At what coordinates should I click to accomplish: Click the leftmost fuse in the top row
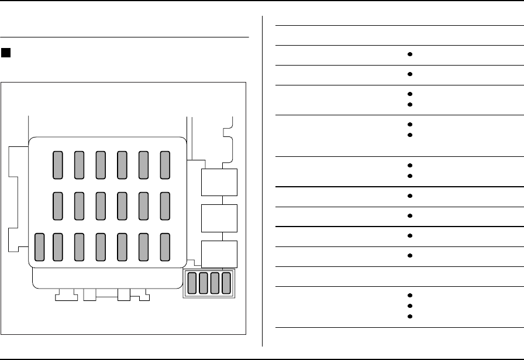(x=58, y=164)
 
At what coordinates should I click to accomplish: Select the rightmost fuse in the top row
(x=165, y=164)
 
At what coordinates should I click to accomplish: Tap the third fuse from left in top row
(x=101, y=164)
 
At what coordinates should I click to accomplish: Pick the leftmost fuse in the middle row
(x=58, y=205)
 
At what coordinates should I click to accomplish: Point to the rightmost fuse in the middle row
(x=165, y=205)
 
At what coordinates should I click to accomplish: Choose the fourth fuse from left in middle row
(x=122, y=205)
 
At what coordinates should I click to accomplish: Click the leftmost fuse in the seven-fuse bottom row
(x=40, y=246)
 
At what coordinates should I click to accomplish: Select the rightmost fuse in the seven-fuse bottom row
(x=165, y=246)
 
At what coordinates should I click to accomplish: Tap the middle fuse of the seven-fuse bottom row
(x=101, y=246)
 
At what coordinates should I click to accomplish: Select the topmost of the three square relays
(x=219, y=182)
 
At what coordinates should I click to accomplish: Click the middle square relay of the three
(x=219, y=218)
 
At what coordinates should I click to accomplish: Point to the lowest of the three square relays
(x=219, y=254)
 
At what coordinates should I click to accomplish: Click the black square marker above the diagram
(x=6, y=53)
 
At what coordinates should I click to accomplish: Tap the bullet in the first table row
(x=411, y=54)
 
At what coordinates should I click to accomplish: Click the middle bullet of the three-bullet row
(x=411, y=306)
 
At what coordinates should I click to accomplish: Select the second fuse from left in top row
(x=80, y=164)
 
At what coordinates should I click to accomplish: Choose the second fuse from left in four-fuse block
(x=204, y=283)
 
